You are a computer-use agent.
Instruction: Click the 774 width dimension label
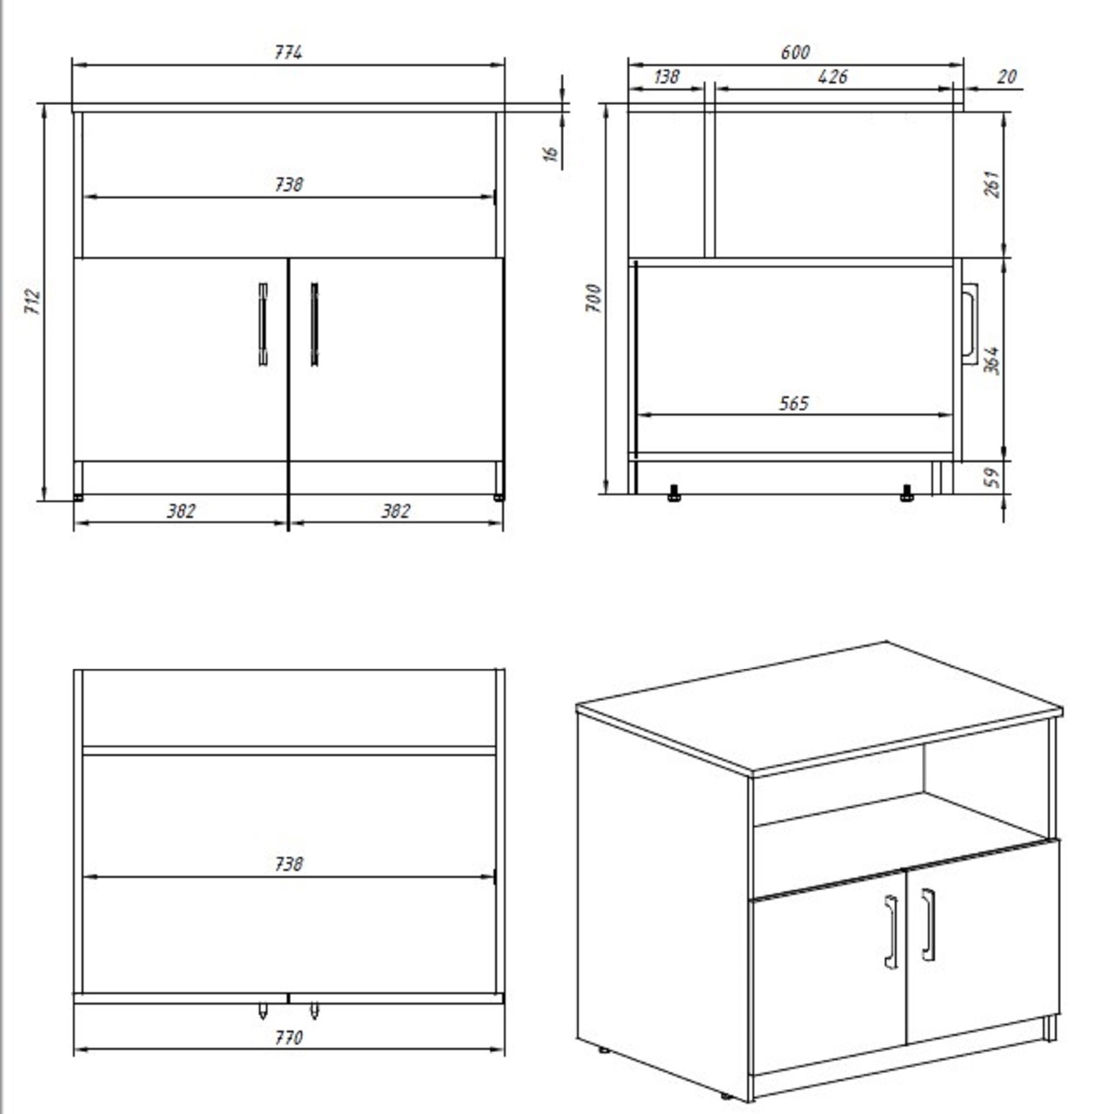pos(288,52)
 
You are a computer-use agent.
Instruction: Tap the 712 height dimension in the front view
pos(33,301)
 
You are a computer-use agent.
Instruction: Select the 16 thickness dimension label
pos(551,154)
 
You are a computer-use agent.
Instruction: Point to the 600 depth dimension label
pos(795,52)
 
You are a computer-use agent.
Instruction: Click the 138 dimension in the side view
pos(666,76)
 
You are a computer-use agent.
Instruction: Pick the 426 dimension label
pos(833,76)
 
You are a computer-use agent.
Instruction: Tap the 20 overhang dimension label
pos(1007,76)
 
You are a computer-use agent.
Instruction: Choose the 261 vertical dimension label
pos(993,184)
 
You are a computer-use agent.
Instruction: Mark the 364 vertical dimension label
pos(993,360)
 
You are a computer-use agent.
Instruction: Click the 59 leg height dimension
pos(993,477)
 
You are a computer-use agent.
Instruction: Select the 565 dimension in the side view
pos(794,403)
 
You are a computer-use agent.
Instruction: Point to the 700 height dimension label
pos(593,298)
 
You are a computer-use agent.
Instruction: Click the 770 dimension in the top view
pos(288,1038)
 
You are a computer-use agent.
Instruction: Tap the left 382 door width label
pos(181,511)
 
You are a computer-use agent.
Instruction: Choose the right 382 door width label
pos(395,511)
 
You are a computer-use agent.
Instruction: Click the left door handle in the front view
pos(262,324)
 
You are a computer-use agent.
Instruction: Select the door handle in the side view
pos(970,323)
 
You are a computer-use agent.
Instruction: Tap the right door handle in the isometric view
pos(928,925)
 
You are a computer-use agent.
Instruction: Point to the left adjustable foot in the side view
pos(673,494)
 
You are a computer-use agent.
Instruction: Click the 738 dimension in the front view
pos(288,185)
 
